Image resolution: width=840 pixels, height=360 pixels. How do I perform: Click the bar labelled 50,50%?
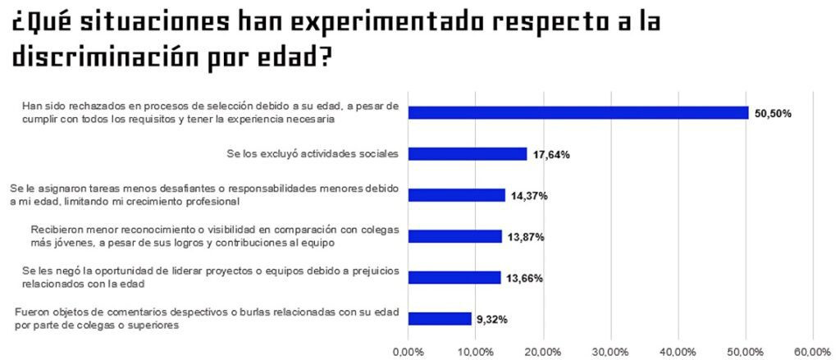577,113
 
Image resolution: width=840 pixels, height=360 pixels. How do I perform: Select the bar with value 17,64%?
467,154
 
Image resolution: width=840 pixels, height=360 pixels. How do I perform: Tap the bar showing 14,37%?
456,195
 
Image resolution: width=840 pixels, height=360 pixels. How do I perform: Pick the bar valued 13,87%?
454,236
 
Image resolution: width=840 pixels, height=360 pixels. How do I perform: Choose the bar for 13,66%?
454,277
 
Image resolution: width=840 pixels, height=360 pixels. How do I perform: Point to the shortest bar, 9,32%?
439,318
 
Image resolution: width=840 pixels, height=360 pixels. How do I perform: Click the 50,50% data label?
773,114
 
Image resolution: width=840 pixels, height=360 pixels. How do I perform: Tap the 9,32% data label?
491,319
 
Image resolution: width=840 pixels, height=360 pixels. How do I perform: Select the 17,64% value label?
551,154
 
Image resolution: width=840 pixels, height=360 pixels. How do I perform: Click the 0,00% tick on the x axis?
408,351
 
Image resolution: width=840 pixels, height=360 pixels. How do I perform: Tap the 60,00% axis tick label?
812,351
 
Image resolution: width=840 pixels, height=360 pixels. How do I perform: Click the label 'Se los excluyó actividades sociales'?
313,153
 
